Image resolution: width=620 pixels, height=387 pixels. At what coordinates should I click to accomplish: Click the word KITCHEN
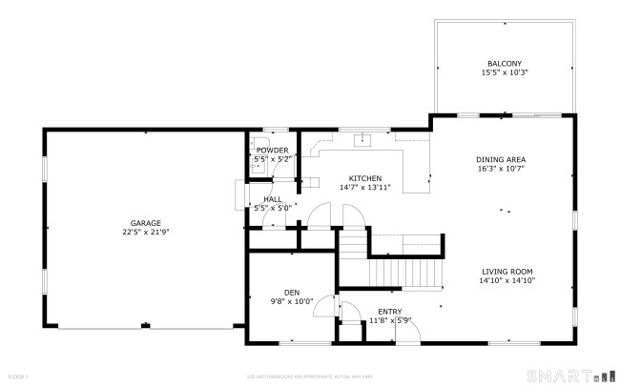click(364, 178)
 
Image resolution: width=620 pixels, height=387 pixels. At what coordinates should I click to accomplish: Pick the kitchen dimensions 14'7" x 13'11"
click(364, 187)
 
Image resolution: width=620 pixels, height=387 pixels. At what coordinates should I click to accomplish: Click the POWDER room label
click(272, 151)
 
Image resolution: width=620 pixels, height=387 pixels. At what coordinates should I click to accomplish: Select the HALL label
click(272, 199)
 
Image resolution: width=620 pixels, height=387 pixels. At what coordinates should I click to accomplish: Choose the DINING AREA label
click(502, 159)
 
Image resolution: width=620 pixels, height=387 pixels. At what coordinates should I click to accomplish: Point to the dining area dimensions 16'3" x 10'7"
click(502, 168)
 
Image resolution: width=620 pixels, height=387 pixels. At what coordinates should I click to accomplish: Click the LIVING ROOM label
click(507, 271)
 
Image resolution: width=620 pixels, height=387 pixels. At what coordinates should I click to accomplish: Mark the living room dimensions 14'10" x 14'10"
click(507, 280)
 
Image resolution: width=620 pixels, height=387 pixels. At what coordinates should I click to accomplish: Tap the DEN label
click(292, 293)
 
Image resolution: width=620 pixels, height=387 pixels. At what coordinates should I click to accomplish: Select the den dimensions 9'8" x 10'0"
click(292, 301)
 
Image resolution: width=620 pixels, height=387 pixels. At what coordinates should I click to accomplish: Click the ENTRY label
click(389, 312)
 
